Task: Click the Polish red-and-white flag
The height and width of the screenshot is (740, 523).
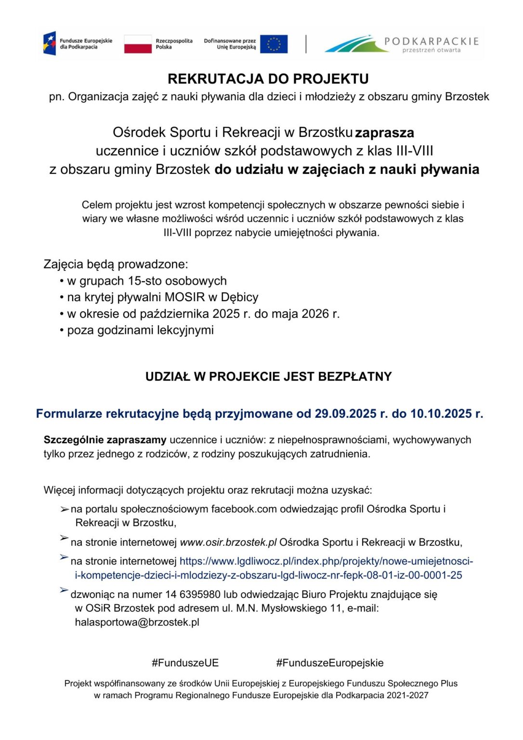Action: click(x=138, y=44)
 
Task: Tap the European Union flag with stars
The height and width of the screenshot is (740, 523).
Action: click(x=274, y=44)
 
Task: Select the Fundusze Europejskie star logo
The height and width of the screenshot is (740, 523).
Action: click(x=50, y=43)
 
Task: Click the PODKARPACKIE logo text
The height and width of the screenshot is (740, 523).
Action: click(x=431, y=41)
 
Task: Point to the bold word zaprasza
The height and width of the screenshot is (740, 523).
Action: click(x=384, y=132)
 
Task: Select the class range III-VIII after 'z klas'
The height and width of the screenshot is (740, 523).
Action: click(x=415, y=151)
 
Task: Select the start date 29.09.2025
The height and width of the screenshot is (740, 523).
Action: click(x=345, y=414)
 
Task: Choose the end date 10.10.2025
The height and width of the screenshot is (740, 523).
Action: click(x=441, y=414)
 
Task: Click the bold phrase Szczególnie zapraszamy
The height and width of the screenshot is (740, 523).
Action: click(x=105, y=440)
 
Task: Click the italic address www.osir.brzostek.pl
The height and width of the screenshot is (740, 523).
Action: click(x=228, y=542)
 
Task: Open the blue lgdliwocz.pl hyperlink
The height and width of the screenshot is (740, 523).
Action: click(x=326, y=561)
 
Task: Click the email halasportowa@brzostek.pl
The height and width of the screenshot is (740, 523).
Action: click(x=137, y=622)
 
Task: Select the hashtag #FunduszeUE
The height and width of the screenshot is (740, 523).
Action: click(x=185, y=663)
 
